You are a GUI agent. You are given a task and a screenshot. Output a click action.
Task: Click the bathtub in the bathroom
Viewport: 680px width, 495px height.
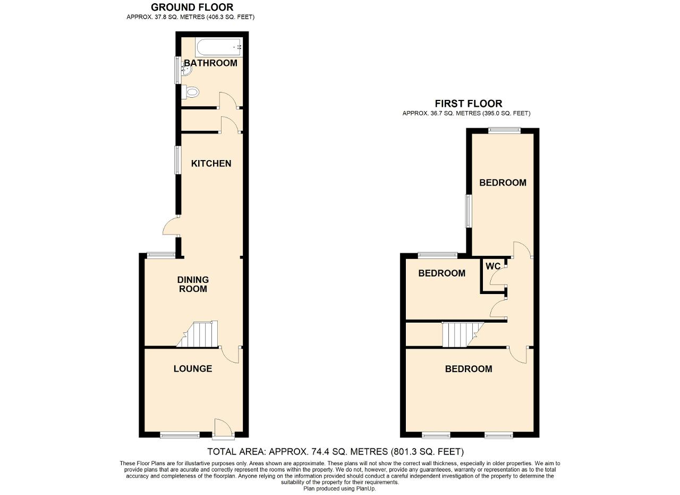[219, 47]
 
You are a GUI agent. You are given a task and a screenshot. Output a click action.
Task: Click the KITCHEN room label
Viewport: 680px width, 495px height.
[211, 163]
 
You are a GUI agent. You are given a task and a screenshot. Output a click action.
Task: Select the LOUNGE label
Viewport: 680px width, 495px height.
[193, 368]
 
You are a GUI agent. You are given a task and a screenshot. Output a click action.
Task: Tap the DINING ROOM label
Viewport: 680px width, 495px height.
[193, 284]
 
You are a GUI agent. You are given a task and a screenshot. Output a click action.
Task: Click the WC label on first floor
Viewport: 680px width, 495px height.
[492, 266]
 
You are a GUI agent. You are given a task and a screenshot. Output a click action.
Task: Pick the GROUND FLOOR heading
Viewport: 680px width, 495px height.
[192, 7]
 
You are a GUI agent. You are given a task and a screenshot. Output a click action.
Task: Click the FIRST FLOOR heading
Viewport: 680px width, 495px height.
[469, 104]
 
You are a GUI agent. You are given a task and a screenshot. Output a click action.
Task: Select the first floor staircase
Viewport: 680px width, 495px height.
[462, 334]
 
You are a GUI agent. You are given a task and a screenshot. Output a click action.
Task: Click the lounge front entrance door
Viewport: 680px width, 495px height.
[223, 429]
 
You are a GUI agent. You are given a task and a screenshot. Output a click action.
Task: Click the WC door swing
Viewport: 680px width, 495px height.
[498, 276]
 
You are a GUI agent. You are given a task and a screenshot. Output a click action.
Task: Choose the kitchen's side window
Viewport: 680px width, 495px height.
[177, 160]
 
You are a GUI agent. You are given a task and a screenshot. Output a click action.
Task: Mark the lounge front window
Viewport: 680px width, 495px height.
[180, 436]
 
